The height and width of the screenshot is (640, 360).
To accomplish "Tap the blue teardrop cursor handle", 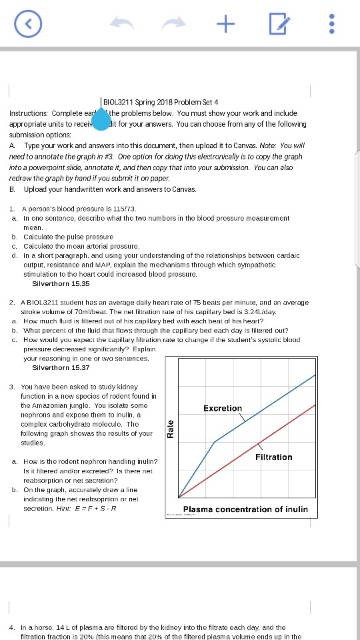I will (x=101, y=119).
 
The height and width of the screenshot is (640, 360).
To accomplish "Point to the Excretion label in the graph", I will (x=223, y=408).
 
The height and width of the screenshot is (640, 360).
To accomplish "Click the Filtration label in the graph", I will (x=273, y=457).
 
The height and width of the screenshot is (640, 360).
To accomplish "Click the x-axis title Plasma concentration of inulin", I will (x=245, y=509).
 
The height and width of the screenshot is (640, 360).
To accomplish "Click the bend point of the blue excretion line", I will (x=214, y=441).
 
